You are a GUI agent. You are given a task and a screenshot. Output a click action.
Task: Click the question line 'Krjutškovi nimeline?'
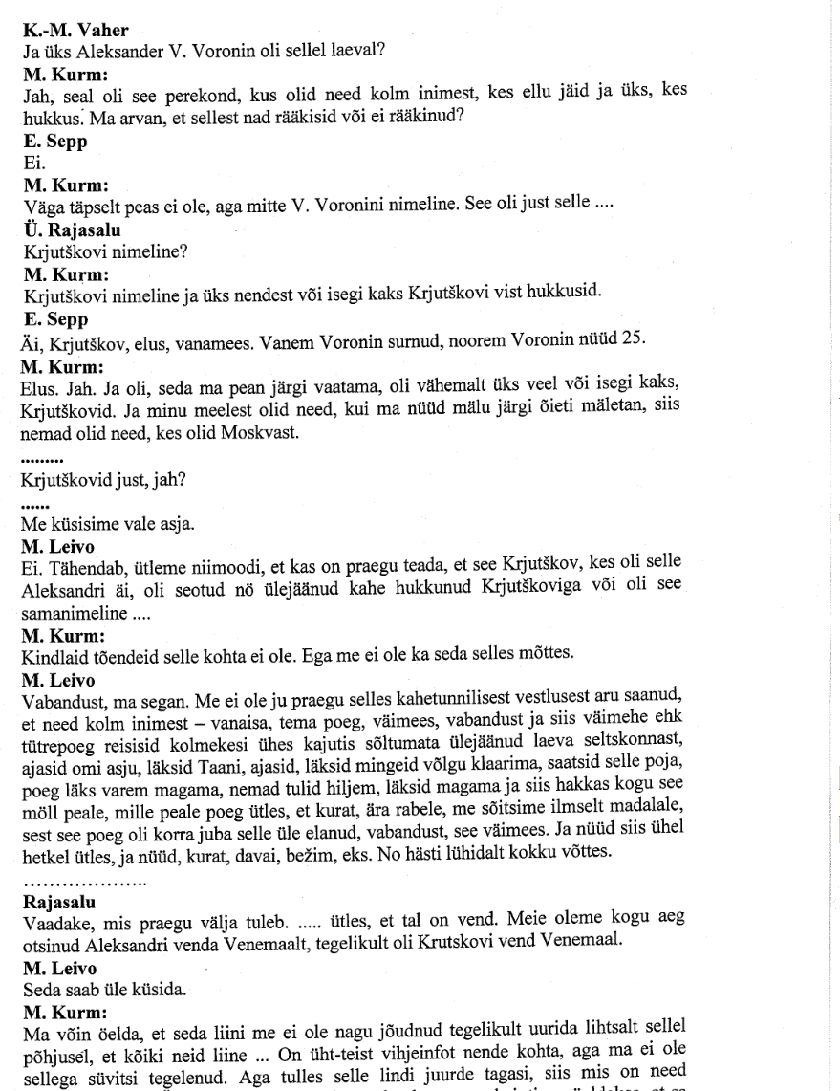93,251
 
